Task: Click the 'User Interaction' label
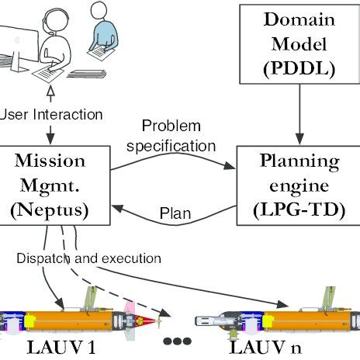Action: click(51, 114)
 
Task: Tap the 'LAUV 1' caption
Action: click(64, 348)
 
